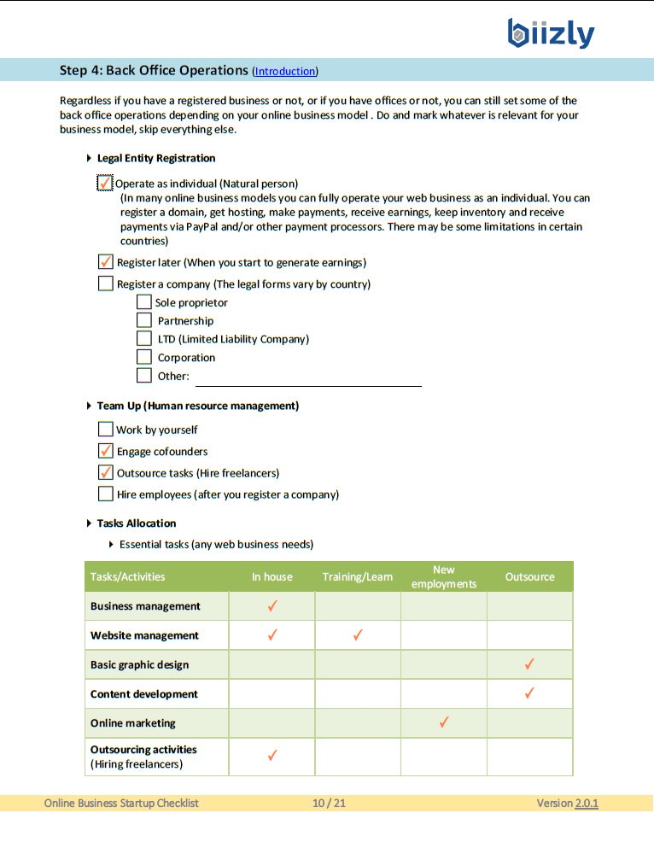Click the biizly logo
click(551, 33)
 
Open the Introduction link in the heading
click(285, 71)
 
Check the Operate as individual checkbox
click(105, 183)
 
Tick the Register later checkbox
click(106, 262)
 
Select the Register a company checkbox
click(106, 284)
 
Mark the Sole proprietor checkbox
click(144, 302)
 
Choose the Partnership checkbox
click(144, 320)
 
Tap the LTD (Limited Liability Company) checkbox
click(144, 339)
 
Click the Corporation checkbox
click(144, 357)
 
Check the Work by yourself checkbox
click(106, 430)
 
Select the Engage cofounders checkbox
click(106, 451)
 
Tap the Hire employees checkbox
click(106, 494)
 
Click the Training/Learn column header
click(357, 577)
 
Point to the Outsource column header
click(529, 577)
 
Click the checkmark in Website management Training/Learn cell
click(358, 635)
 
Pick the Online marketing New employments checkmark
click(444, 722)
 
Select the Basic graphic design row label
click(139, 664)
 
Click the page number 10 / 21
click(329, 803)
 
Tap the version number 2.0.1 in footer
click(587, 803)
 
